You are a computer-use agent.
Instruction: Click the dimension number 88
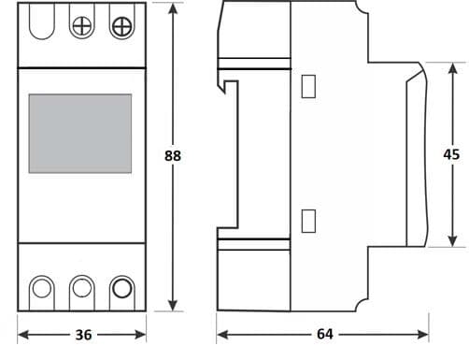coord(172,156)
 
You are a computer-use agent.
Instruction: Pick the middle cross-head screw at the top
coord(82,24)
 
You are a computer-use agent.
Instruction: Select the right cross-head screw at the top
coord(121,25)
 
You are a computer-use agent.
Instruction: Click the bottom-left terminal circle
coord(42,287)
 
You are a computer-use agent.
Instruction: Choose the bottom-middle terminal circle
coord(82,287)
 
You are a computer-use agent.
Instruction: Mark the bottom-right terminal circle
coord(120,287)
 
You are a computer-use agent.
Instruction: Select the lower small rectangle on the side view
coord(309,221)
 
